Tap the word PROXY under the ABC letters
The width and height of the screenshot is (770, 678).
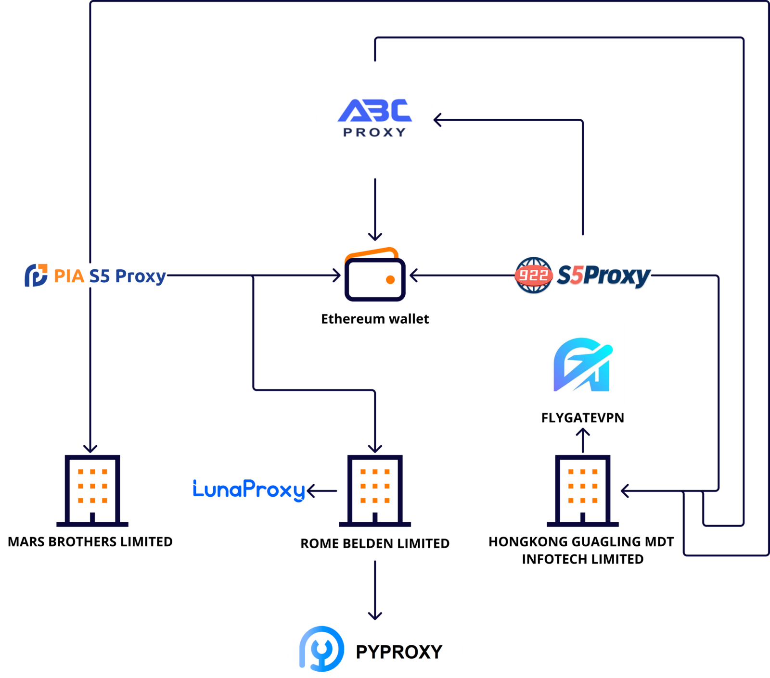(x=374, y=132)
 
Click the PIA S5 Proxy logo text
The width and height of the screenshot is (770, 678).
(x=110, y=276)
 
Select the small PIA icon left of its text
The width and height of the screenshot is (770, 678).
(x=36, y=275)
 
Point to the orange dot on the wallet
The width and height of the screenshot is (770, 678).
(x=390, y=280)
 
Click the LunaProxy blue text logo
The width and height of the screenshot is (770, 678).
(x=249, y=490)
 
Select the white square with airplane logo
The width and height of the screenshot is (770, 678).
(x=582, y=365)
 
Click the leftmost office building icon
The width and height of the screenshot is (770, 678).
(x=92, y=490)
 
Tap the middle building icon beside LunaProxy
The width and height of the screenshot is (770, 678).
(x=374, y=490)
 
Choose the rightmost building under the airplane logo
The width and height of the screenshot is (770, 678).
(x=582, y=490)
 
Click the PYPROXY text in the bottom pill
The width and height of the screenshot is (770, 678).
(x=398, y=652)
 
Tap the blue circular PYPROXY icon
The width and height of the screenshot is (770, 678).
(x=321, y=649)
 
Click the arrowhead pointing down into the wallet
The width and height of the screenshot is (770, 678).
(x=375, y=237)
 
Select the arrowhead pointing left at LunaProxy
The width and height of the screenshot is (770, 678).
(x=310, y=491)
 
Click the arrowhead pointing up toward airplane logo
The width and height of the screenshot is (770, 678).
(x=583, y=431)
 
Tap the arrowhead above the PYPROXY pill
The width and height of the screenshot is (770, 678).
(x=375, y=615)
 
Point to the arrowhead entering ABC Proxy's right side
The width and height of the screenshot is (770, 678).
(x=437, y=120)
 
